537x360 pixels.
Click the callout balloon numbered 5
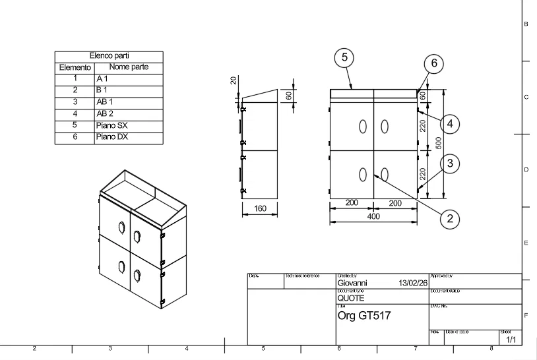[x=343, y=57]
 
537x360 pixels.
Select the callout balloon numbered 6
[x=433, y=63]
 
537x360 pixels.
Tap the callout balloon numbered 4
[x=449, y=123]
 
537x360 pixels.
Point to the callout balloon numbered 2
[x=449, y=219]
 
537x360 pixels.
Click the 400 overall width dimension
[x=373, y=216]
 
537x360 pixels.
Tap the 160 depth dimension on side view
[x=260, y=209]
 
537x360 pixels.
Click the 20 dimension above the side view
[x=233, y=80]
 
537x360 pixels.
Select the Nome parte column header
[x=129, y=67]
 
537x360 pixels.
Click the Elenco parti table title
[x=110, y=57]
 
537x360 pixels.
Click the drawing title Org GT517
[x=364, y=316]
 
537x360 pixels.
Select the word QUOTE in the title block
[x=351, y=298]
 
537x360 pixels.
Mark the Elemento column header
[x=75, y=67]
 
